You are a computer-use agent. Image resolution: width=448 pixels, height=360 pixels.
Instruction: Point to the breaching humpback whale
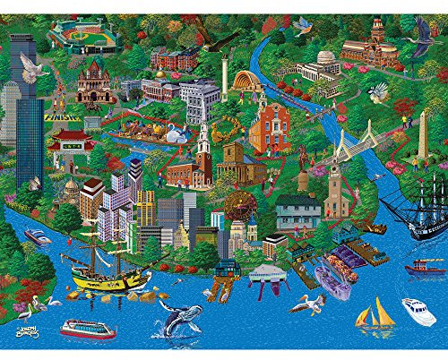[179, 318]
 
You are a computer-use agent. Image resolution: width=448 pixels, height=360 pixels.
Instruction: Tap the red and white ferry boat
[87, 328]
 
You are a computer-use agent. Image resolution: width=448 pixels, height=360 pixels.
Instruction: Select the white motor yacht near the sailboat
[418, 312]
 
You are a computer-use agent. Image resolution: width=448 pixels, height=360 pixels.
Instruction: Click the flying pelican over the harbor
[305, 304]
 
